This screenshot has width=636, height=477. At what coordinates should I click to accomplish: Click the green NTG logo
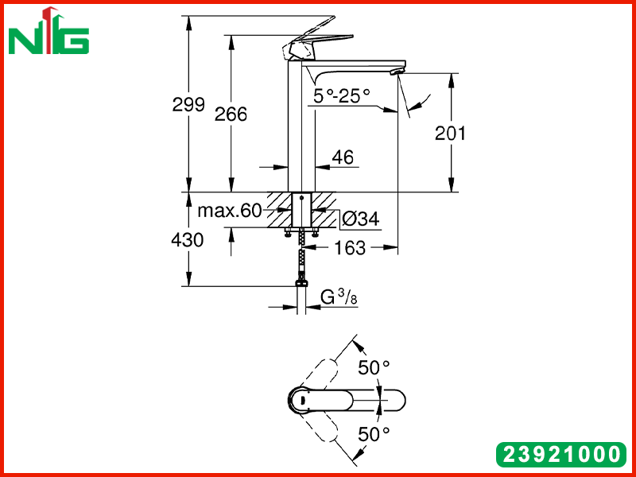tap(48, 31)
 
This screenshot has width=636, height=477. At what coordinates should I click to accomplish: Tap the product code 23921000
tap(561, 454)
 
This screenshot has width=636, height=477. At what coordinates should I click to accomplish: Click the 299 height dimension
tap(188, 105)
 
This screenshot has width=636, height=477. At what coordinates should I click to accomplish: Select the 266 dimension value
tap(231, 114)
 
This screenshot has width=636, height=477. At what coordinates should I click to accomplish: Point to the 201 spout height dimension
tap(450, 134)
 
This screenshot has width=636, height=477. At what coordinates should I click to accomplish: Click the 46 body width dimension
tap(343, 157)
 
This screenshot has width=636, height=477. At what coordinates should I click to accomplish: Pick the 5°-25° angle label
tap(342, 96)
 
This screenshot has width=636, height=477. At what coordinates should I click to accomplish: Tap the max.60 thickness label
tap(230, 211)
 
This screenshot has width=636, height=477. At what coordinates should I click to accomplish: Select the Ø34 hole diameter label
tap(361, 219)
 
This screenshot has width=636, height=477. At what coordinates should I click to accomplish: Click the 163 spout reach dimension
tap(350, 248)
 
